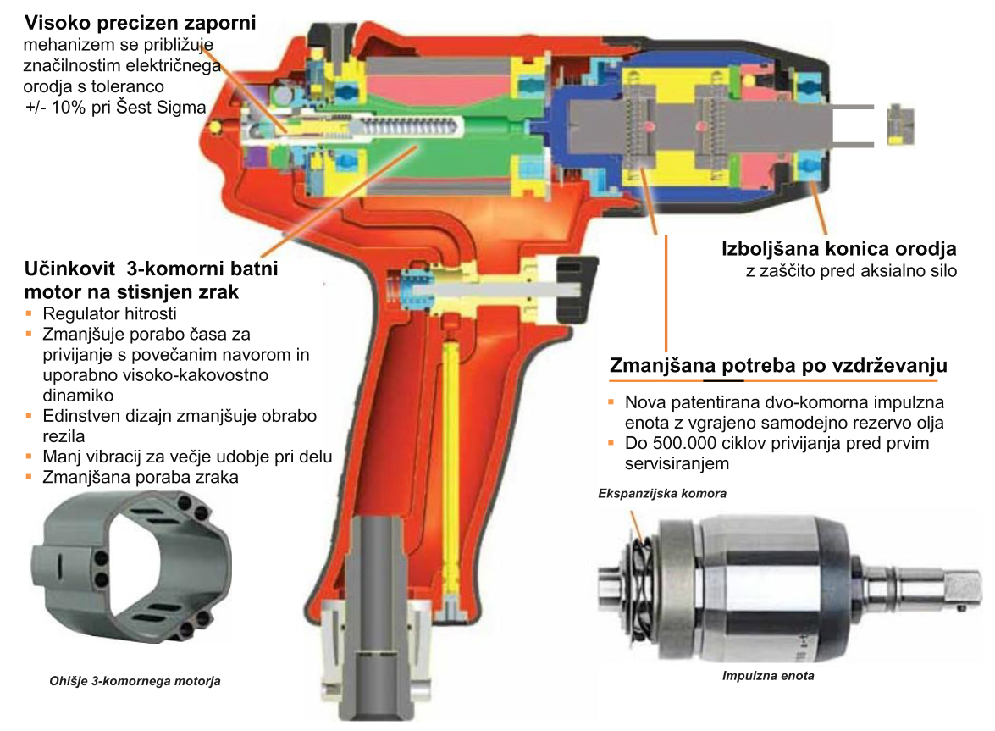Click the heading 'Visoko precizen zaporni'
coord(141,23)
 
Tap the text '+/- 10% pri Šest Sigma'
coord(116,108)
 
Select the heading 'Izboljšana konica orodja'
coord(839,249)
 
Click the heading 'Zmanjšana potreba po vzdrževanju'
coord(778,366)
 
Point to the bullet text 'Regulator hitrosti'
coord(110,313)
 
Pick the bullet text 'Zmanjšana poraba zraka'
coord(141,477)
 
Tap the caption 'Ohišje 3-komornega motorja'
coord(135,681)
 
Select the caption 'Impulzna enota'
coord(768,676)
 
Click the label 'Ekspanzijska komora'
coord(662,493)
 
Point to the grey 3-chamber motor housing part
coord(131,566)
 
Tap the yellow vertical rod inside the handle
coord(452,469)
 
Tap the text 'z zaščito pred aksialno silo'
coord(851,271)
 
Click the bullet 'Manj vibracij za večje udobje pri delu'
coord(187,457)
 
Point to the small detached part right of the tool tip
coord(900,125)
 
